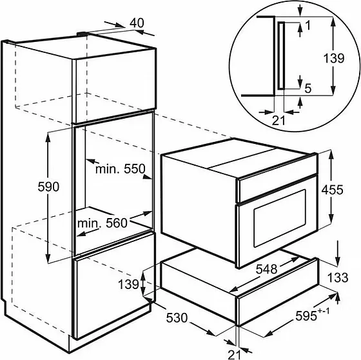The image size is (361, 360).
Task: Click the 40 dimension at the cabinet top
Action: (137, 23)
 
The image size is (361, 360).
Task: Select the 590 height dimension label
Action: (48, 186)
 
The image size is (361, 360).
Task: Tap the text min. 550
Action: (120, 169)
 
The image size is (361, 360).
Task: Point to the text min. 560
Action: (102, 223)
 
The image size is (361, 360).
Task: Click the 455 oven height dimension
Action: (332, 190)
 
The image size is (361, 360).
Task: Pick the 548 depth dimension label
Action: (267, 269)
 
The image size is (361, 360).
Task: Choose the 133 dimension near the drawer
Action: (338, 277)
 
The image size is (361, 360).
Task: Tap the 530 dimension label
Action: (177, 318)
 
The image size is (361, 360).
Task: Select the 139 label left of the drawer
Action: (128, 284)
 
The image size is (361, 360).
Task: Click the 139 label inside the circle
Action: (334, 58)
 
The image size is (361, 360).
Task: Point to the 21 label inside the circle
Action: (278, 121)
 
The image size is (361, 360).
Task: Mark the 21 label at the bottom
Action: (235, 354)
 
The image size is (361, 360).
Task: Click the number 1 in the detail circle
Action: (308, 25)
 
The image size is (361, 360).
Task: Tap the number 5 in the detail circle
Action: (308, 88)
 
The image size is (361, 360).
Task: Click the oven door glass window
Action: (280, 218)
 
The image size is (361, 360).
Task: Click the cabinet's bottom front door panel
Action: (114, 286)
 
